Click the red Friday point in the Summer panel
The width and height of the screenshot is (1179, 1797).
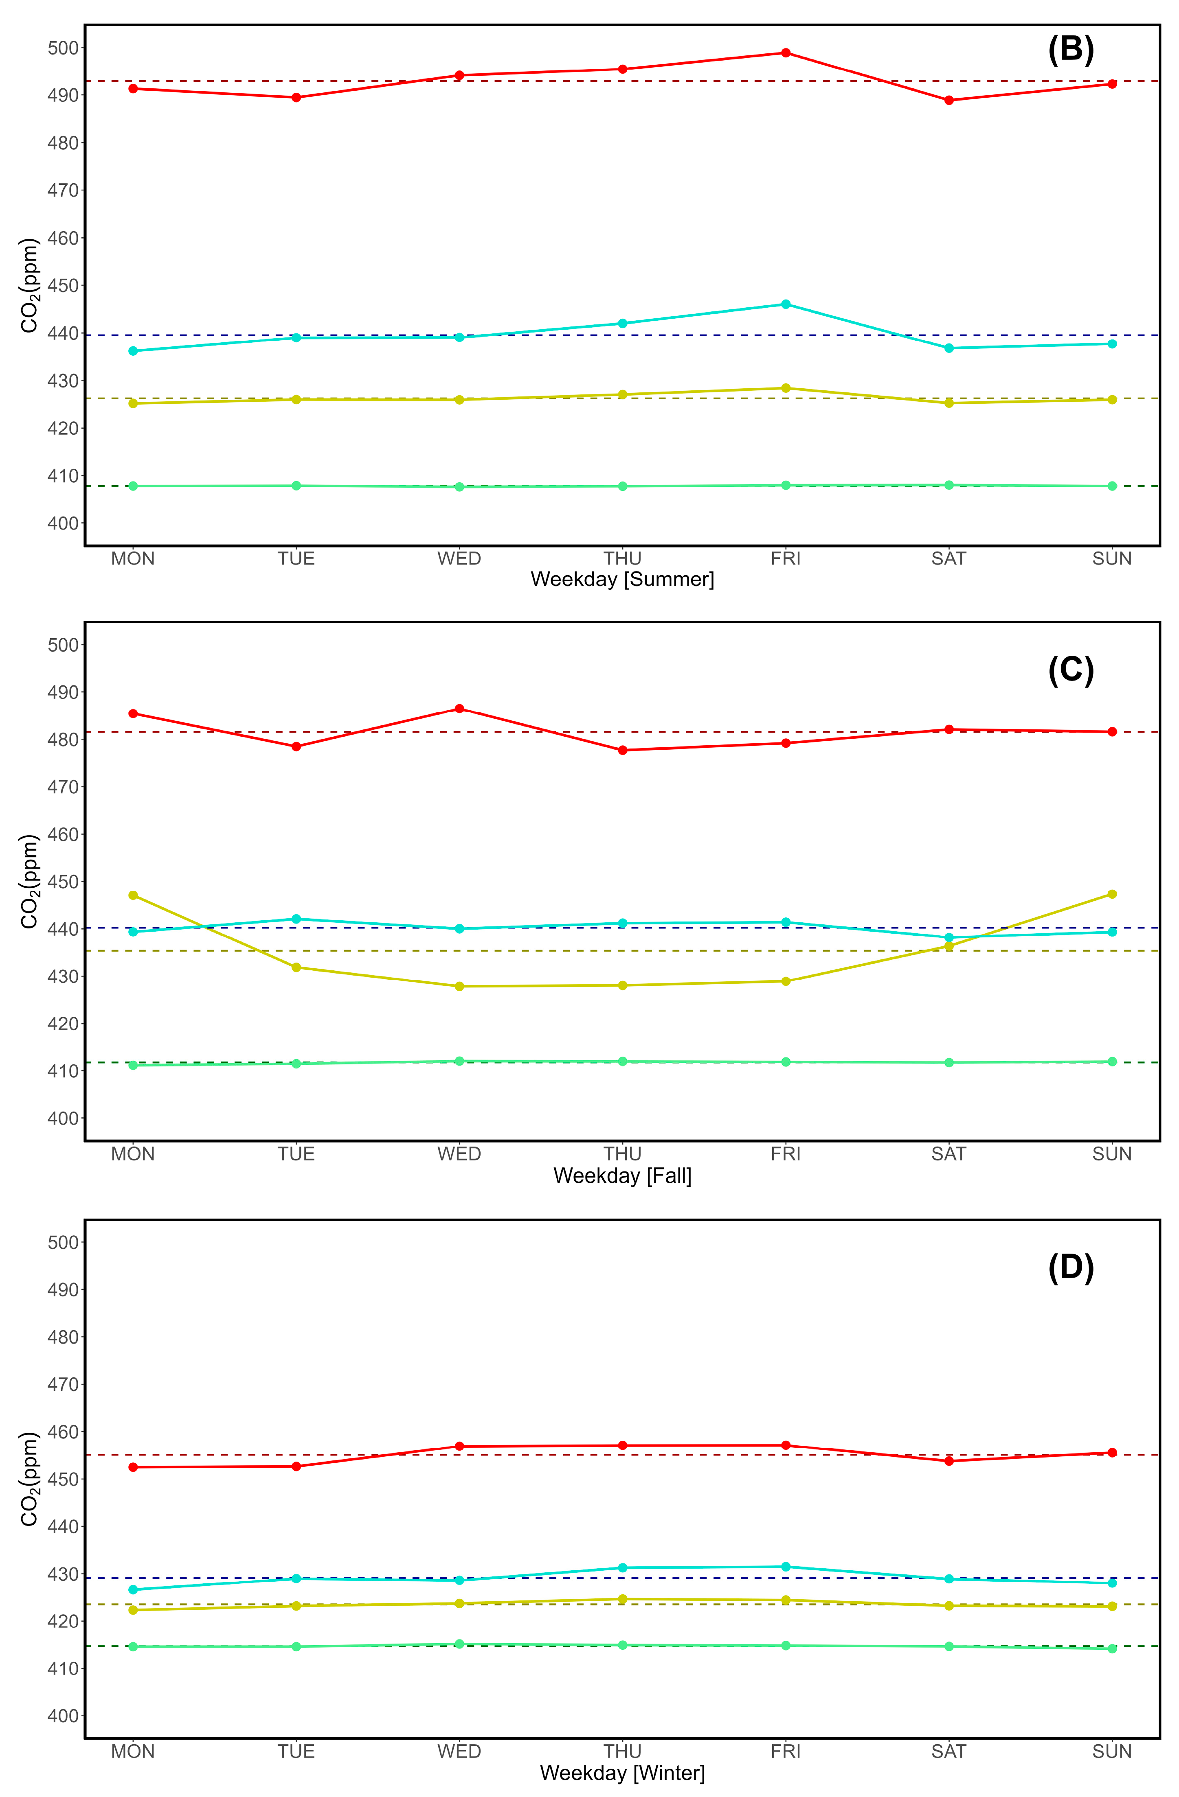(x=786, y=53)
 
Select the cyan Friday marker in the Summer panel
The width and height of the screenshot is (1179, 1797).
(x=786, y=304)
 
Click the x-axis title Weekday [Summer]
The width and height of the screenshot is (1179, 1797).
(x=622, y=579)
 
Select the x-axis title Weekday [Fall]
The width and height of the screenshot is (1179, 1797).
(x=622, y=1175)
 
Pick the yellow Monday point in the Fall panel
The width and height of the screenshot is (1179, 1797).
(x=133, y=895)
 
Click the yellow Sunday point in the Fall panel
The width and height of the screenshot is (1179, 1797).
(x=1112, y=894)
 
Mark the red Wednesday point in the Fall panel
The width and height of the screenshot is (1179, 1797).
(x=459, y=709)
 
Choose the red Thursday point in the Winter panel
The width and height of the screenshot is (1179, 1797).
(x=622, y=1445)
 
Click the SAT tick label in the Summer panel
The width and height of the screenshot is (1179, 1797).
(x=948, y=559)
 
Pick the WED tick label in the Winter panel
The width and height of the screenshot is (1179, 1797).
(x=459, y=1752)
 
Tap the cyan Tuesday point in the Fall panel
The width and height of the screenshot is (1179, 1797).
(x=296, y=919)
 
